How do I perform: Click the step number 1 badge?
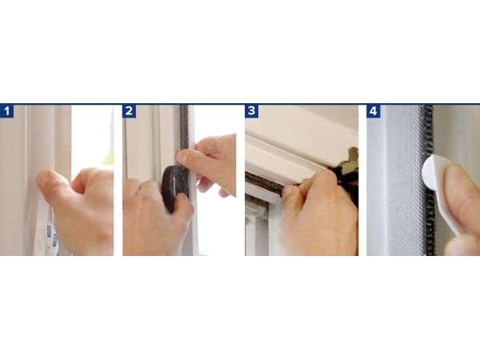tap(6, 111)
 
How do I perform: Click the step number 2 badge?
tap(129, 111)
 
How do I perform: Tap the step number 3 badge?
tap(252, 111)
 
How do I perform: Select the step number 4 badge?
tap(374, 111)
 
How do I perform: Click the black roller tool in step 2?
tap(174, 188)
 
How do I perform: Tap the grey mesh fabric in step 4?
tap(398, 181)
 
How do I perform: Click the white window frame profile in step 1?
tap(40, 138)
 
